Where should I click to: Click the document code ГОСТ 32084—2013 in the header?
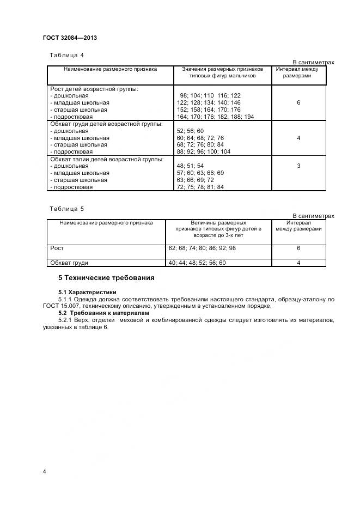[69, 38]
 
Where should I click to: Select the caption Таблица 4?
[66, 55]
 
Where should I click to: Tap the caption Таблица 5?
[66, 209]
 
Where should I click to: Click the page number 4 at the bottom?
[44, 471]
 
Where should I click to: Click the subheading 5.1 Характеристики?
[87, 293]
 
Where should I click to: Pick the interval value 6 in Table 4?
[298, 102]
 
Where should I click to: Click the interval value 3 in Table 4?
[298, 166]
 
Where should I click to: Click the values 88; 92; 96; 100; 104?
[204, 151]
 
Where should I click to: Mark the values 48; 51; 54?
[190, 166]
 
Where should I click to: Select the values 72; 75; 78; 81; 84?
[200, 187]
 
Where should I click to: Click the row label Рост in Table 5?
[57, 248]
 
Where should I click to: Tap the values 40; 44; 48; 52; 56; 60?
[197, 263]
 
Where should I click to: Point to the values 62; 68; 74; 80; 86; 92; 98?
[202, 248]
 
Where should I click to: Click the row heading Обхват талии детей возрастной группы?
[106, 159]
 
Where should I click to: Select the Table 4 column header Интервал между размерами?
[298, 73]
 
